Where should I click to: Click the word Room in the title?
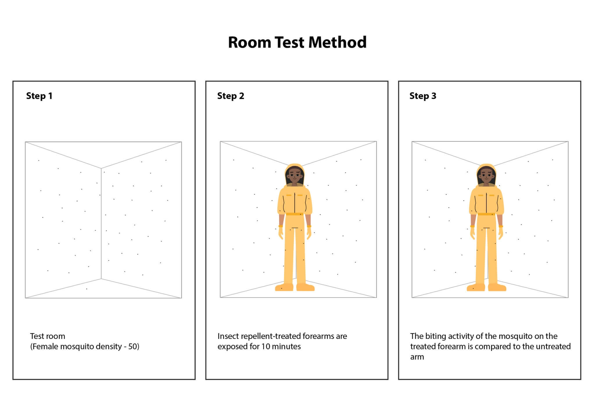(249, 42)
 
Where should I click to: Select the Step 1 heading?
(39, 96)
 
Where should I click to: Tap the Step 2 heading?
(231, 96)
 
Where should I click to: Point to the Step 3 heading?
(423, 96)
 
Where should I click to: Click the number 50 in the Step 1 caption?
(132, 346)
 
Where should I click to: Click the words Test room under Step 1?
(48, 336)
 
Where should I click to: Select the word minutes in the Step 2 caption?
(286, 346)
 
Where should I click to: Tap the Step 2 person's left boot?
(305, 287)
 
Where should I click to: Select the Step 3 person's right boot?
(476, 287)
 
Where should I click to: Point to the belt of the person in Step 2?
(295, 214)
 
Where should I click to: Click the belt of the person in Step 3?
(486, 214)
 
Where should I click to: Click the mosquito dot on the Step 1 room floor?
(87, 289)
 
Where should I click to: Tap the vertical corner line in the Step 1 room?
(101, 224)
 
